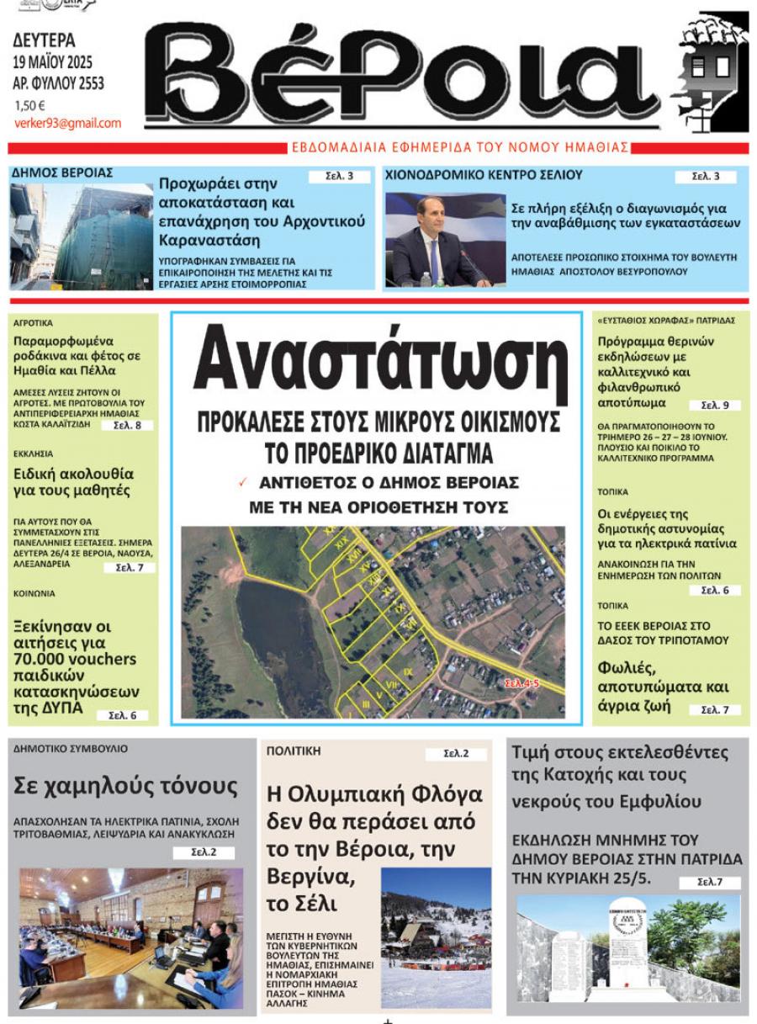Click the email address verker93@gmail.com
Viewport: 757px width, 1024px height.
pyautogui.click(x=67, y=123)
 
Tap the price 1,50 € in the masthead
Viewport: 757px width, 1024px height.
pyautogui.click(x=29, y=106)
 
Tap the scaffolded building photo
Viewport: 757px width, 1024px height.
pyautogui.click(x=82, y=237)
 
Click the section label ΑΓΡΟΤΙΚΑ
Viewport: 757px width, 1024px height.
pyautogui.click(x=34, y=322)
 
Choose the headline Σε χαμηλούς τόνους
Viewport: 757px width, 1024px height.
pyautogui.click(x=125, y=787)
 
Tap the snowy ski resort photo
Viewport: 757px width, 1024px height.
pyautogui.click(x=436, y=937)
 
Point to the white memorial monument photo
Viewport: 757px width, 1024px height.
pyautogui.click(x=627, y=947)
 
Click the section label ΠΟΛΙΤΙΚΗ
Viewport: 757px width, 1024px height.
pyautogui.click(x=294, y=751)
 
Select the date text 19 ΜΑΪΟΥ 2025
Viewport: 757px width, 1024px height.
pyautogui.click(x=53, y=62)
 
